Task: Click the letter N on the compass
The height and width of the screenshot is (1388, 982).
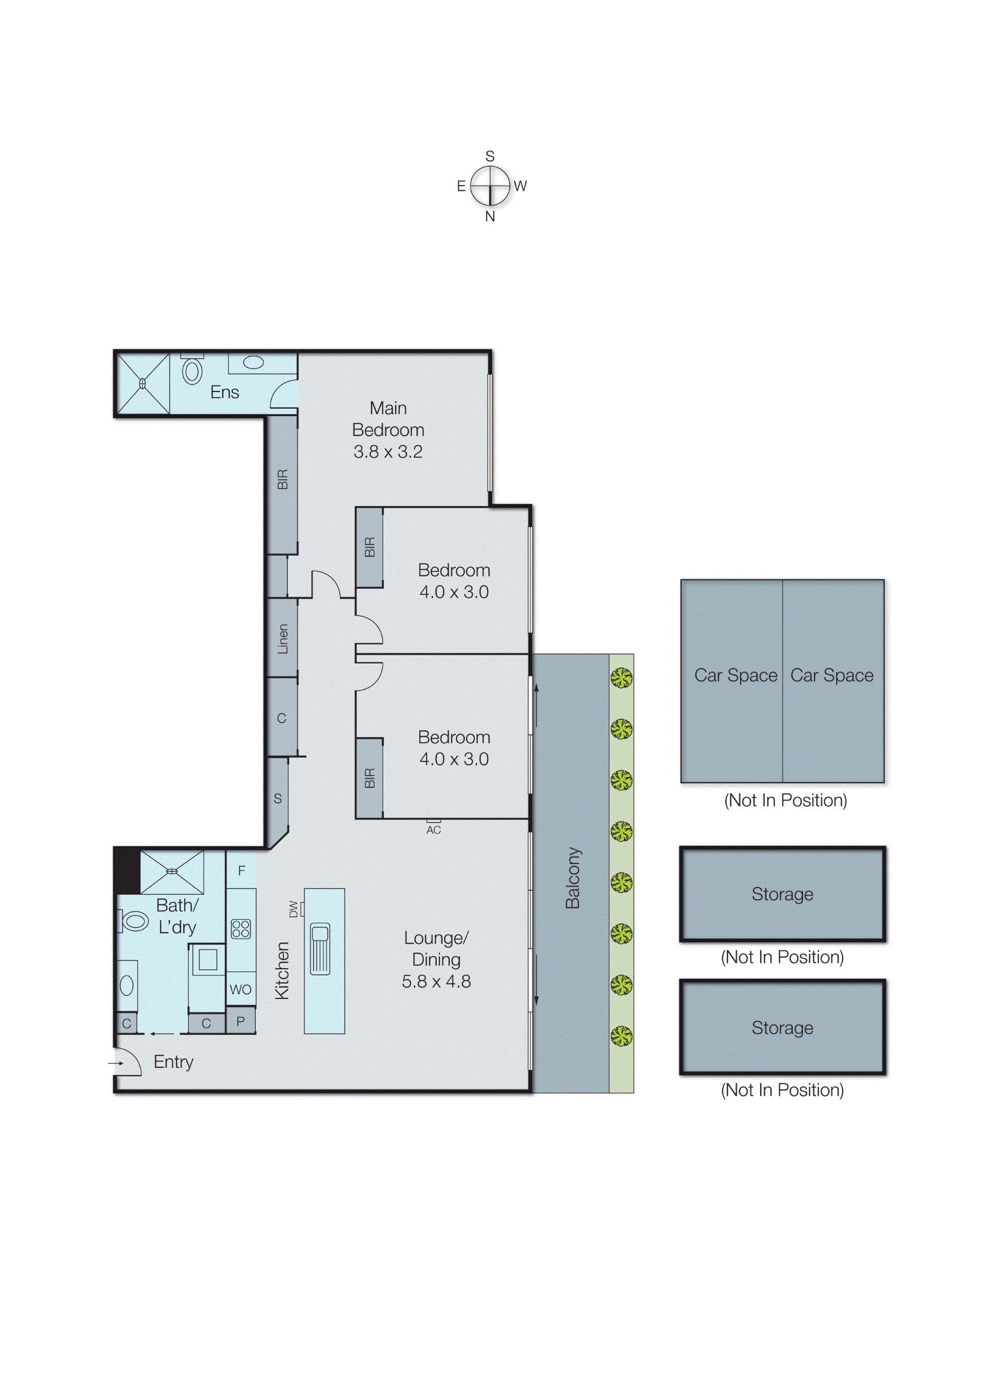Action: click(490, 216)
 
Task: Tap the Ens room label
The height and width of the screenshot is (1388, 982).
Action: click(225, 392)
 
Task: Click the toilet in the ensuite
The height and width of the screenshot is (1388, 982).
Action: click(192, 371)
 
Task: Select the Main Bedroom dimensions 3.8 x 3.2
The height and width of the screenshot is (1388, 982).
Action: click(388, 451)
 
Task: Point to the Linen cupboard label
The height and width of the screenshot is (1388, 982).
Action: click(282, 639)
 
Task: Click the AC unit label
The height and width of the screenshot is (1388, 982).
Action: click(434, 830)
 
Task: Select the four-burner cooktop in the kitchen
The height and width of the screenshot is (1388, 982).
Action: click(241, 928)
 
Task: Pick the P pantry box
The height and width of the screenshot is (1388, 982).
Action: click(241, 1021)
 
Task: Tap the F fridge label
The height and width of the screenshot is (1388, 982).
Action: click(241, 871)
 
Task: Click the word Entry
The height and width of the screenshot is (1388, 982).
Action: click(173, 1062)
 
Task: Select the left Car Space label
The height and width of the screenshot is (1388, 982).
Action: click(735, 675)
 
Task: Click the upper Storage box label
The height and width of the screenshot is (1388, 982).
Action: click(782, 894)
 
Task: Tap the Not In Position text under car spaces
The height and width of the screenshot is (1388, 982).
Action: click(785, 801)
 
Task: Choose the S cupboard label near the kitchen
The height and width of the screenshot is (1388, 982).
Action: click(278, 799)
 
